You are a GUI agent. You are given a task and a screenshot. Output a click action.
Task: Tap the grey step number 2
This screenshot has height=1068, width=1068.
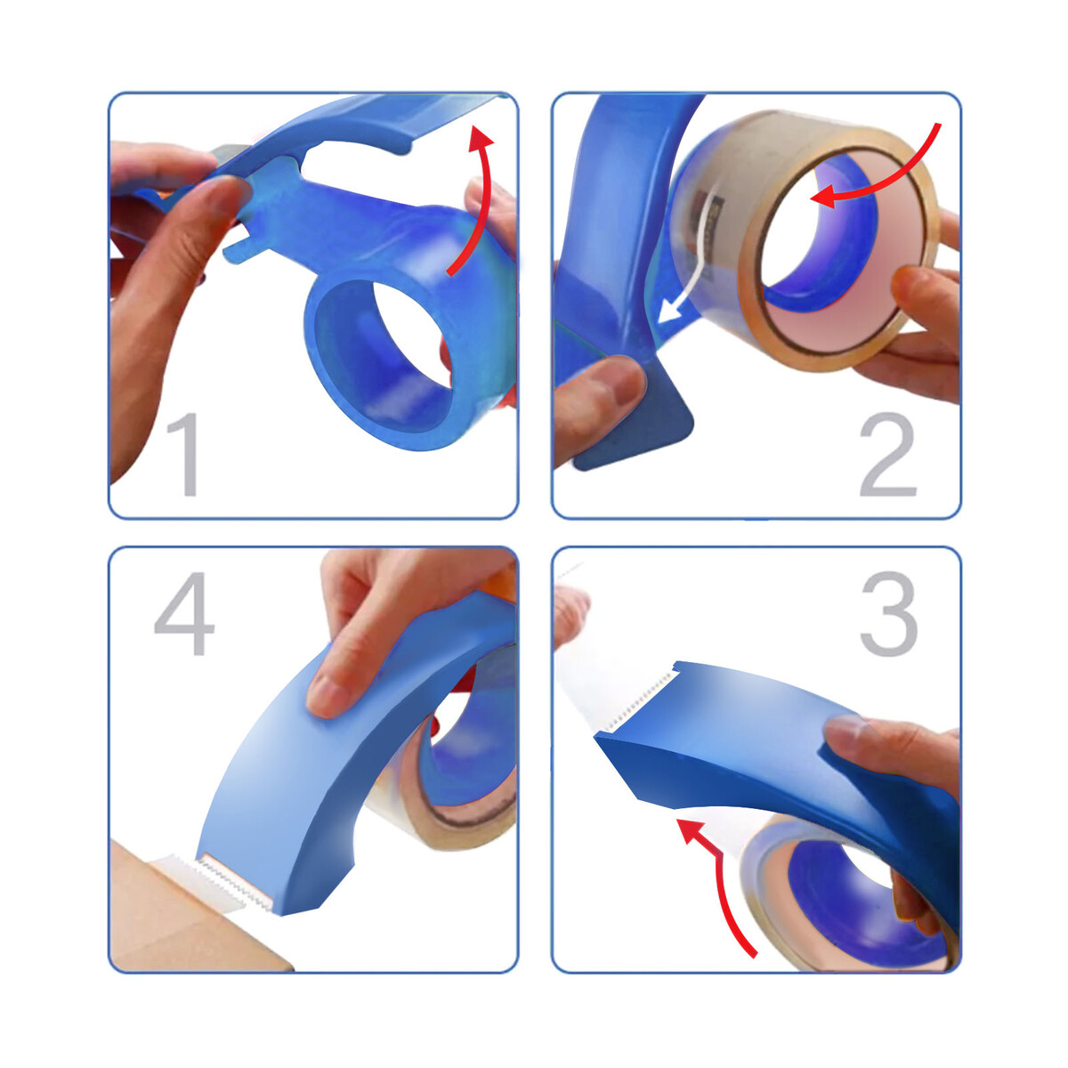point(888,454)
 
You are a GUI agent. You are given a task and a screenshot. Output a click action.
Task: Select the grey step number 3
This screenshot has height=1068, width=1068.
point(889,613)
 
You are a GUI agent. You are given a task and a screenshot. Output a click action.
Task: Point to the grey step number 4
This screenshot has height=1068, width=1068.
point(185,613)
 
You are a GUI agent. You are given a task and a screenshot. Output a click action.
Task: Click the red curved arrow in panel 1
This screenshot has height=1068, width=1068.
point(481,195)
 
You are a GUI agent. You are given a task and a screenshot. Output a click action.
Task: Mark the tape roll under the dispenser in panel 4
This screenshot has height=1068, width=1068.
point(449,787)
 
